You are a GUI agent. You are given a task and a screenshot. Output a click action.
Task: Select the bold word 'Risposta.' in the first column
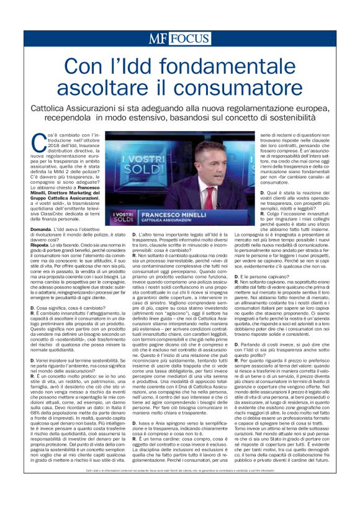[43, 245]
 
